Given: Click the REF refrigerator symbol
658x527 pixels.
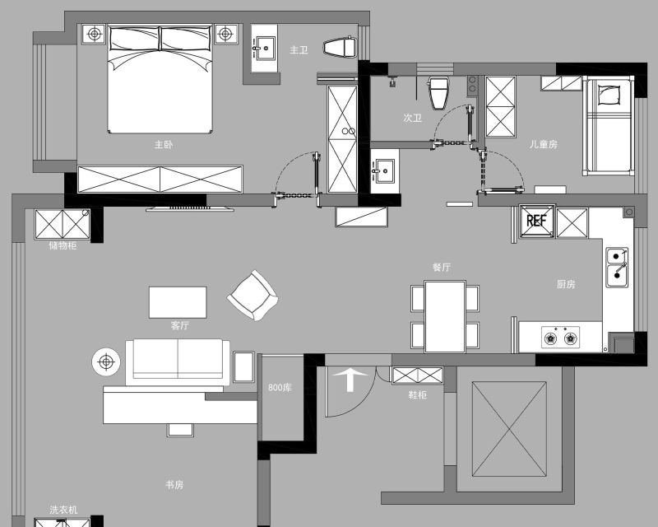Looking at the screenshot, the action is [x=537, y=221].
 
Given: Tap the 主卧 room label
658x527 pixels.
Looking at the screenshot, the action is [x=163, y=145].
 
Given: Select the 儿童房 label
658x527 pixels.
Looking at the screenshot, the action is [x=544, y=144].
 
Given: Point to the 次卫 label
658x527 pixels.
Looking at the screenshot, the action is [x=412, y=118].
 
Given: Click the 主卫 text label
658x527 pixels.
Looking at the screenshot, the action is [x=299, y=50].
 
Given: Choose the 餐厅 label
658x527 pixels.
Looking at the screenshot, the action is [x=442, y=267].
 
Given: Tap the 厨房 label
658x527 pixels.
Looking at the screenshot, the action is [x=566, y=284].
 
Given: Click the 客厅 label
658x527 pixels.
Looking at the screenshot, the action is [x=179, y=325].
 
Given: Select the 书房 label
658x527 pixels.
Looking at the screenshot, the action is [x=174, y=484].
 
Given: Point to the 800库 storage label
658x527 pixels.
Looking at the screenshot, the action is [x=280, y=387].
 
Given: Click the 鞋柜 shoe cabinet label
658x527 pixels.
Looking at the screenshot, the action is [x=418, y=394].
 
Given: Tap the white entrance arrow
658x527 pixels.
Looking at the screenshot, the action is [x=350, y=380].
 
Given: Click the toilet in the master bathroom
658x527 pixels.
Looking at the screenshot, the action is [x=340, y=47].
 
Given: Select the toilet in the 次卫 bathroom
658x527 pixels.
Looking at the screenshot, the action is [x=438, y=93].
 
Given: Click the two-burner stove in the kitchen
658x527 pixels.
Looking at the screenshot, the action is [x=561, y=337].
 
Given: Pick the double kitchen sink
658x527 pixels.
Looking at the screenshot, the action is [x=617, y=268].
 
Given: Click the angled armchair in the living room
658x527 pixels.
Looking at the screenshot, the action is [x=253, y=296].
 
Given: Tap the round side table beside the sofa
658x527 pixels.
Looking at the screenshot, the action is [x=106, y=361].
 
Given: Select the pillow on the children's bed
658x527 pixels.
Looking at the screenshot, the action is [x=609, y=95].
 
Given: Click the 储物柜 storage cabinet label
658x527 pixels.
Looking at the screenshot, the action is [x=63, y=245].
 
